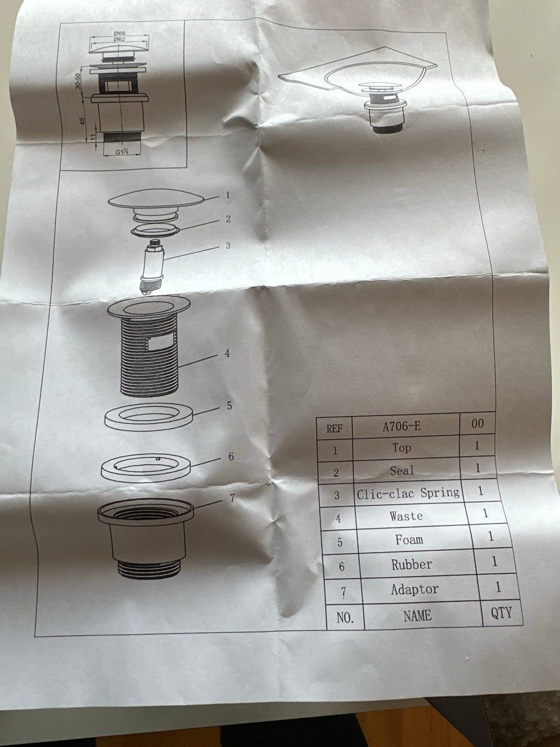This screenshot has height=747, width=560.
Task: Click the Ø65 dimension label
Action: tap(120, 33)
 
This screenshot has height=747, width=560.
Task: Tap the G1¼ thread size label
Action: tap(122, 152)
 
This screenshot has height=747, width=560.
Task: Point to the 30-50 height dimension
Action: tap(79, 81)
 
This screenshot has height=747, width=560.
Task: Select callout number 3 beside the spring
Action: tap(228, 245)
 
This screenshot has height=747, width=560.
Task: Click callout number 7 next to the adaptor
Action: tap(232, 498)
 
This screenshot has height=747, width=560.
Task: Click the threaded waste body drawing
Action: tap(149, 347)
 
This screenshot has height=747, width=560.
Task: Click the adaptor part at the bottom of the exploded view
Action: tap(145, 539)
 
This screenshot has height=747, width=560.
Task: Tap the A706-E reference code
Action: tap(401, 427)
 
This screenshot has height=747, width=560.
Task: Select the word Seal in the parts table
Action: tap(402, 471)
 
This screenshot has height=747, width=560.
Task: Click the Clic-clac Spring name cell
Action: tap(408, 493)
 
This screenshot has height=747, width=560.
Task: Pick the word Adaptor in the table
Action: tap(415, 589)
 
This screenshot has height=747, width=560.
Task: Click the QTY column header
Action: tap(501, 613)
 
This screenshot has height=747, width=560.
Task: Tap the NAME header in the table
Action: tap(418, 615)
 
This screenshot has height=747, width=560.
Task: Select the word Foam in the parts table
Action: tap(409, 540)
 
